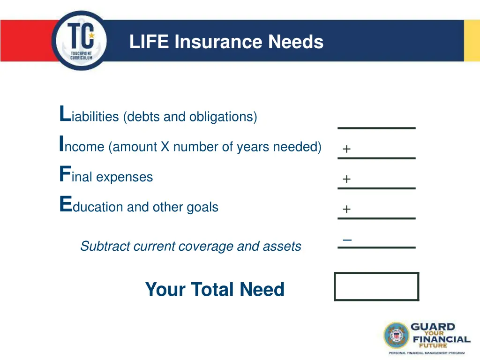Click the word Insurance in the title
[218, 42]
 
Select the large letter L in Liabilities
[64, 114]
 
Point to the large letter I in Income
[61, 144]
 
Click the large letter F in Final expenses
[65, 174]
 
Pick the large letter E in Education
[65, 204]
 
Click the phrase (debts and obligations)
[190, 117]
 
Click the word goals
[202, 207]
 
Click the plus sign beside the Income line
[346, 149]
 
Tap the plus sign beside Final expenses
[346, 179]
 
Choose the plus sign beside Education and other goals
[346, 209]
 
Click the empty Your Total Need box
[376, 286]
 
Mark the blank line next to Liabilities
[376, 127]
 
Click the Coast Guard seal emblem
[397, 335]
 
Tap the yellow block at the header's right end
[472, 41]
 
